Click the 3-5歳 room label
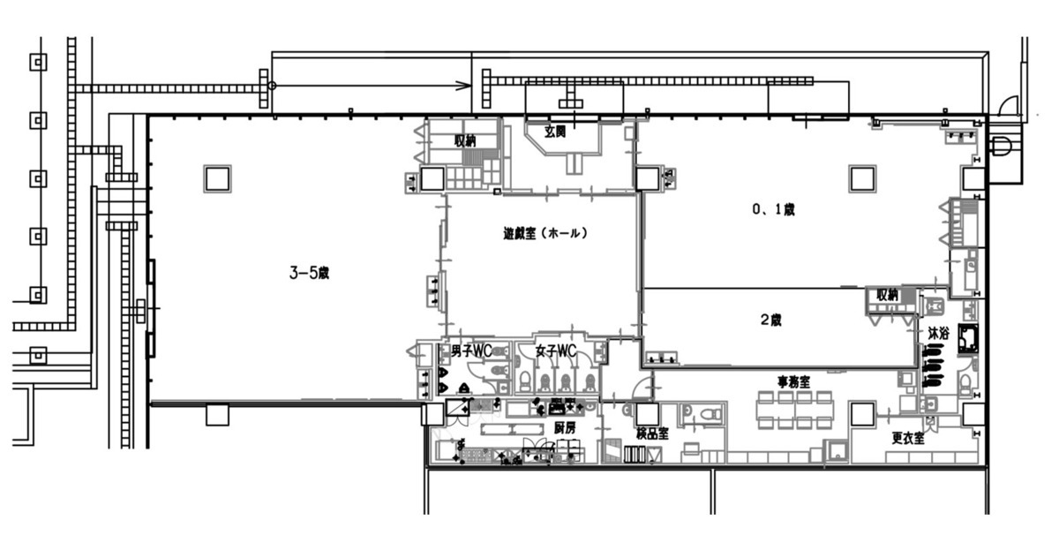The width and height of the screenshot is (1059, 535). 309,273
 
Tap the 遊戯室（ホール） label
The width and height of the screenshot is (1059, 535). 545,233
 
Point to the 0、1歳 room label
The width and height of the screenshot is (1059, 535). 773,209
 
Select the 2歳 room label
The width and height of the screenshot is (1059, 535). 770,320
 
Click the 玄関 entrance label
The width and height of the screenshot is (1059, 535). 554,132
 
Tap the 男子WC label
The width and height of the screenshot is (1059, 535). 471,350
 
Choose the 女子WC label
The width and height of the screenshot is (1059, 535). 556,350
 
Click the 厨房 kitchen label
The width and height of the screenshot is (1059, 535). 565,427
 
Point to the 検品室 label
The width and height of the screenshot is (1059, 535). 652,433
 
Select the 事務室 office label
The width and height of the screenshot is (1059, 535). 793,382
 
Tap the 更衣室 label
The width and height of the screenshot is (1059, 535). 908,439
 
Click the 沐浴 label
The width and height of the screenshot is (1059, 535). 938,333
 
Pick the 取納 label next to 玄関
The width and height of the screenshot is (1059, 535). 465,140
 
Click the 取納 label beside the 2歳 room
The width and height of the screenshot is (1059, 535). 887,295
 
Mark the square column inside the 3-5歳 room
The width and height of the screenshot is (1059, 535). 217,179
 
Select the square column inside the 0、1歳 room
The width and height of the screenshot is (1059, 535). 862,179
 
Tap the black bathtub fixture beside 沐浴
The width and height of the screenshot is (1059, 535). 968,339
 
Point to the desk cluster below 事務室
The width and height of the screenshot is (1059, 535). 795,411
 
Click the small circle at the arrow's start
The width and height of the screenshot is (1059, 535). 272,86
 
